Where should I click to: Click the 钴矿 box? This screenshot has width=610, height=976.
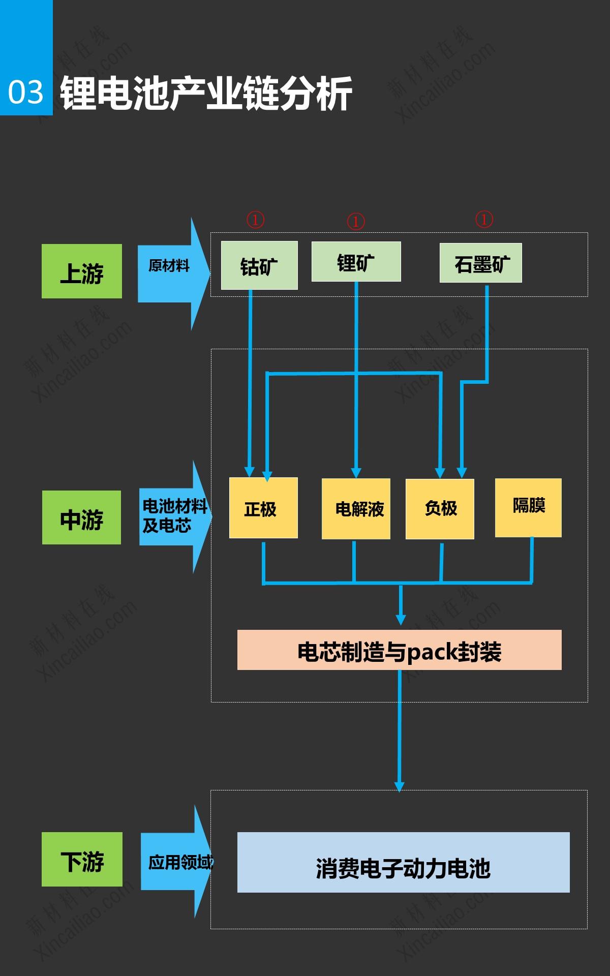[259, 265]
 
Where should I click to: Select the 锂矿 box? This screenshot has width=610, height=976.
[356, 262]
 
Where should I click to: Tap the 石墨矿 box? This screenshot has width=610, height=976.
[480, 263]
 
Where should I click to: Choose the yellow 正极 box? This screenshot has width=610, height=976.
[263, 508]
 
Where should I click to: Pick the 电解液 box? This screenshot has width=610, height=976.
[356, 508]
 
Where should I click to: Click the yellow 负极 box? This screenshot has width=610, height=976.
[440, 508]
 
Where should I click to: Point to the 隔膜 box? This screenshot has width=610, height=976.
[528, 507]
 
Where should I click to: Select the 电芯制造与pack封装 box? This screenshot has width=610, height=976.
[399, 650]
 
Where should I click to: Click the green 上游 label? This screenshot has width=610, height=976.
[82, 271]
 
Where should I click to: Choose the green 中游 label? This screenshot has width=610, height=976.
[81, 517]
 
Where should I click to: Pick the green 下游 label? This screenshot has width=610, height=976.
[82, 859]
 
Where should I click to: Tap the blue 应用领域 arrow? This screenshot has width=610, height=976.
[175, 862]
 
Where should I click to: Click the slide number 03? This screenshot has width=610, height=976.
[26, 92]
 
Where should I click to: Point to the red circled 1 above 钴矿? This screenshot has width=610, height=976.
[255, 220]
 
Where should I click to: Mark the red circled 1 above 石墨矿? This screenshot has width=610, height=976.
[484, 219]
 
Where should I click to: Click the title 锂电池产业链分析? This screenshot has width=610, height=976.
[206, 93]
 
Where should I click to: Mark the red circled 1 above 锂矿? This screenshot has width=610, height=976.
[356, 221]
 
